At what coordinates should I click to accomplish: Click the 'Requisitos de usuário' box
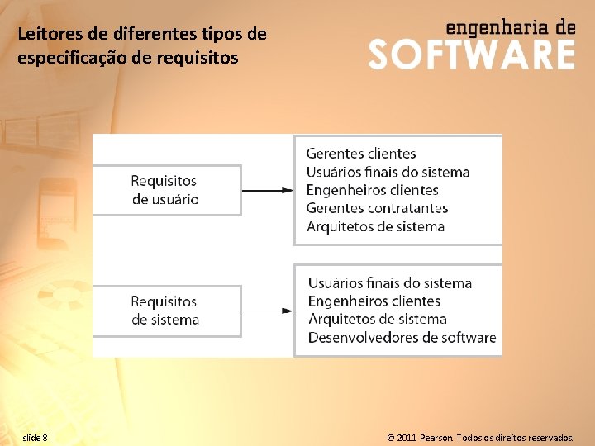[165, 190]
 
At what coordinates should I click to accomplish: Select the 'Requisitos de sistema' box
[165, 311]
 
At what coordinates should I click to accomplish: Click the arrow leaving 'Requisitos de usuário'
[268, 190]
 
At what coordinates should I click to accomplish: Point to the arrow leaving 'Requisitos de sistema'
[268, 311]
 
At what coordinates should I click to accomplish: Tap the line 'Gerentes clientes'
[361, 154]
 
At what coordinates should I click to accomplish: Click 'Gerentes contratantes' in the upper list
[377, 208]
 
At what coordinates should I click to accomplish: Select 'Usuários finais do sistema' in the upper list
[388, 172]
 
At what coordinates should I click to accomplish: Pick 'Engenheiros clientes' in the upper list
[372, 190]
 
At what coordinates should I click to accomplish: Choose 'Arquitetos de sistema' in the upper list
[375, 226]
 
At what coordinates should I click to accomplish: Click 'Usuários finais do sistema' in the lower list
[390, 283]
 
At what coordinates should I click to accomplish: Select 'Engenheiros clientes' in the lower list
[374, 301]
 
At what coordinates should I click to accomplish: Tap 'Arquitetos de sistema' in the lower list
[378, 320]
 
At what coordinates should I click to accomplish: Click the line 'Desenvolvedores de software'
[402, 338]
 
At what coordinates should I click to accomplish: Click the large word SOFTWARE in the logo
[471, 55]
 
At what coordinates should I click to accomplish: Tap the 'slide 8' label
[35, 437]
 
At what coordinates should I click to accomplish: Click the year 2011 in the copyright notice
[407, 437]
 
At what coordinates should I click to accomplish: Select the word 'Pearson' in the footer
[436, 437]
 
